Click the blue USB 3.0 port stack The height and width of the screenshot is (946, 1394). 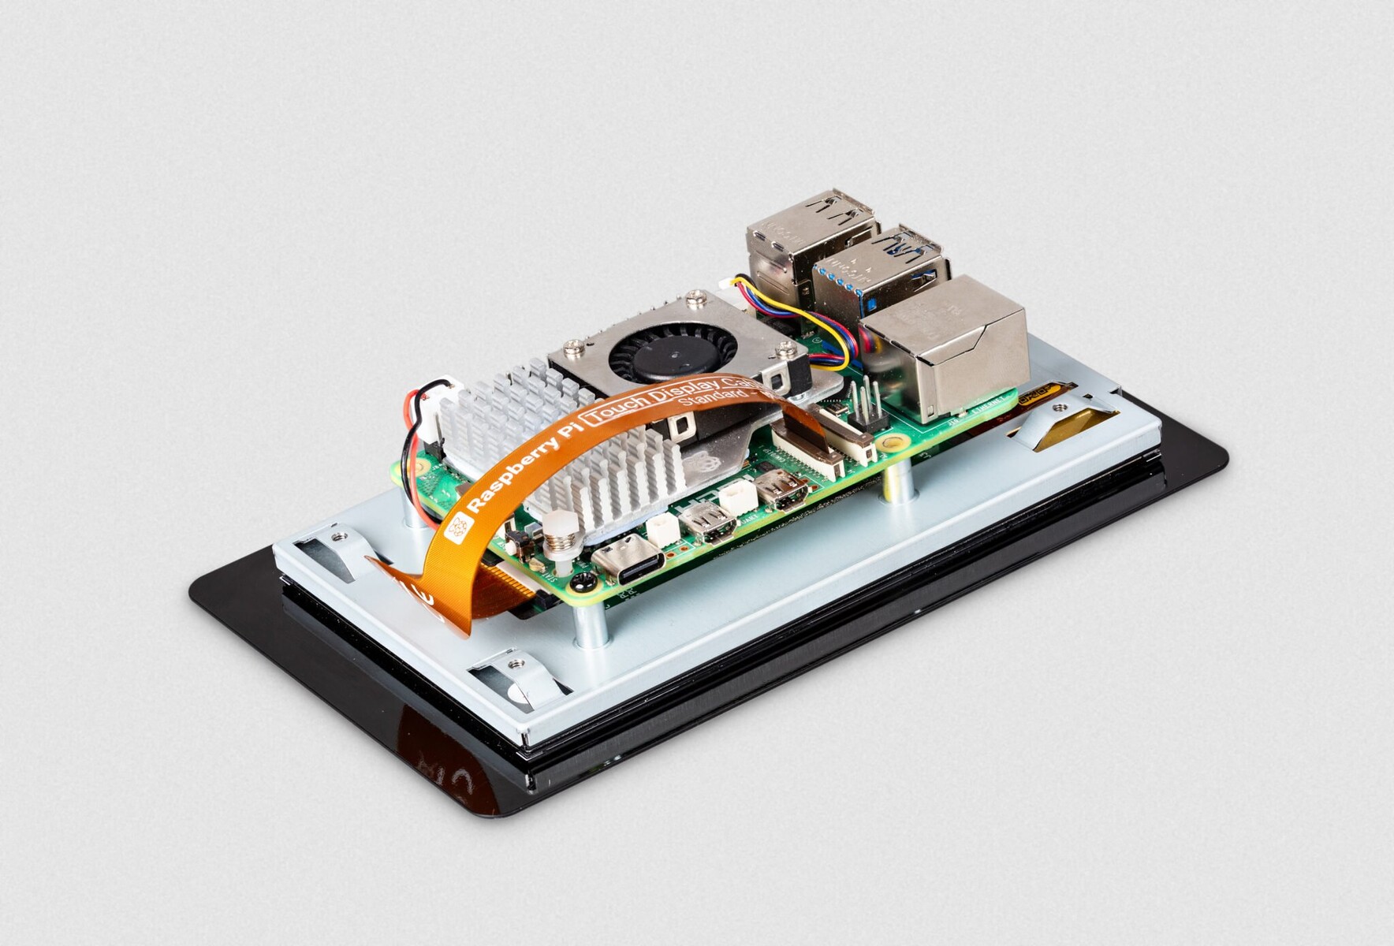(879, 269)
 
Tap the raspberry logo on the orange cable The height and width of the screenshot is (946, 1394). (457, 528)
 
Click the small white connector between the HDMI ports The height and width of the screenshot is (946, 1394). (740, 498)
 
